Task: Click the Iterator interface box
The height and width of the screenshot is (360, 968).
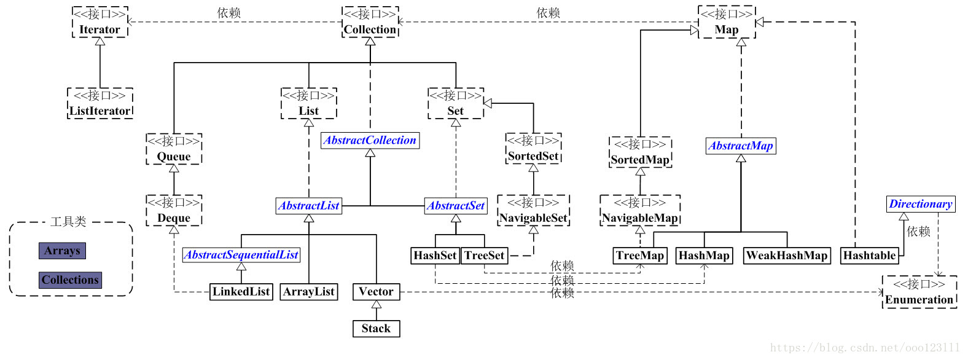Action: pyautogui.click(x=100, y=22)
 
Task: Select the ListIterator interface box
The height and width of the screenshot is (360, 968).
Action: pyautogui.click(x=100, y=103)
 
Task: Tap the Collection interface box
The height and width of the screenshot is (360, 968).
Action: pyautogui.click(x=370, y=22)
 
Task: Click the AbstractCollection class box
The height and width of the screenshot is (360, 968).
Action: pyautogui.click(x=370, y=140)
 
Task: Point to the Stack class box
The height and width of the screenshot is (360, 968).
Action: pyautogui.click(x=376, y=329)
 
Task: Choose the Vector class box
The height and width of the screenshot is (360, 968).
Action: pyautogui.click(x=376, y=292)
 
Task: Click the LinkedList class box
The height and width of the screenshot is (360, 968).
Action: pyautogui.click(x=241, y=292)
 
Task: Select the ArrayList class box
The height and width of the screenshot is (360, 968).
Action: pyautogui.click(x=309, y=292)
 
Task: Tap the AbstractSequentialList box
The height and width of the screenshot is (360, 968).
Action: pyautogui.click(x=241, y=255)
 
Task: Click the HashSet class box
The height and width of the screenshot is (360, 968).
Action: pyautogui.click(x=435, y=256)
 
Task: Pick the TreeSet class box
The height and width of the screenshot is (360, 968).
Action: pyautogui.click(x=485, y=256)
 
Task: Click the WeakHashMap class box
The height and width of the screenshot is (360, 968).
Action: pyautogui.click(x=787, y=256)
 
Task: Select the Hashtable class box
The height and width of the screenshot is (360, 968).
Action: pyautogui.click(x=869, y=256)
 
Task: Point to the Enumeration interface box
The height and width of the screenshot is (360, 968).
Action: pyautogui.click(x=919, y=292)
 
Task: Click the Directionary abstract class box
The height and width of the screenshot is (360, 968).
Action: pyautogui.click(x=921, y=204)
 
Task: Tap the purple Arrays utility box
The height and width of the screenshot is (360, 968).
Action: pyautogui.click(x=62, y=251)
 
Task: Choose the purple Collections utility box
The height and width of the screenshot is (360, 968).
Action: pyautogui.click(x=70, y=280)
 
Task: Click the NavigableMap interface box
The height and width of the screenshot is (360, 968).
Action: pyautogui.click(x=640, y=211)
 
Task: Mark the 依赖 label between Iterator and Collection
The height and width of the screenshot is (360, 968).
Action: pyautogui.click(x=229, y=13)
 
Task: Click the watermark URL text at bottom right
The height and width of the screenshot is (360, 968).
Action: pyautogui.click(x=865, y=348)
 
